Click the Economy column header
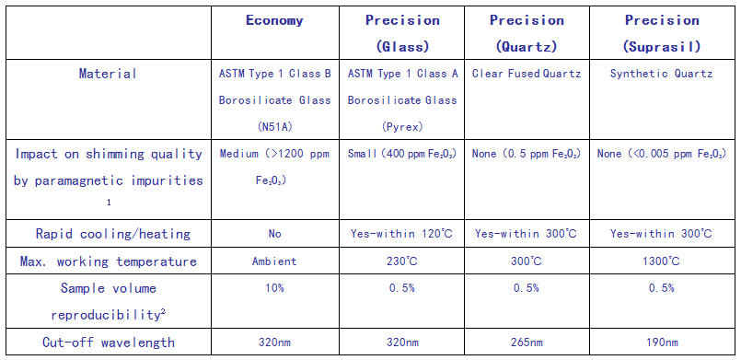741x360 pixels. pyautogui.click(x=274, y=20)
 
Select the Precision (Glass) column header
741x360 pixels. pyautogui.click(x=402, y=33)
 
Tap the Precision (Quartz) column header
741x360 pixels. pyautogui.click(x=527, y=33)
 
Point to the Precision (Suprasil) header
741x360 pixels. pyautogui.click(x=662, y=33)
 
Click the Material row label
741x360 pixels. pyautogui.click(x=109, y=74)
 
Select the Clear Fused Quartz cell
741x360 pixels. pyautogui.click(x=527, y=74)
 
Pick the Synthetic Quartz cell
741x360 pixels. pyautogui.click(x=662, y=74)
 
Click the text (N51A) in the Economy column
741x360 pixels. pyautogui.click(x=274, y=127)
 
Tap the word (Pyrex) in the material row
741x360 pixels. pyautogui.click(x=402, y=127)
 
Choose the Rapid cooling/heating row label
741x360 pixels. pyautogui.click(x=113, y=234)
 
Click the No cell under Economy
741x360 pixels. pyautogui.click(x=274, y=234)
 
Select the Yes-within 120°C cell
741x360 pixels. pyautogui.click(x=402, y=233)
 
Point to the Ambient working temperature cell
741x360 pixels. pyautogui.click(x=274, y=261)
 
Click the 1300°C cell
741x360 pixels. pyautogui.click(x=662, y=261)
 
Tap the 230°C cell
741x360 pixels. pyautogui.click(x=402, y=261)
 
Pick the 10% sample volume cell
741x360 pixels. pyautogui.click(x=274, y=288)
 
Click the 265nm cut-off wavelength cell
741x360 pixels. pyautogui.click(x=527, y=343)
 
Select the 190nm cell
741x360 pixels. pyautogui.click(x=662, y=343)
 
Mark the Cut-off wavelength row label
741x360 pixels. pyautogui.click(x=109, y=343)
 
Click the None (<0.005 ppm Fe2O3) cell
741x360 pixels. pyautogui.click(x=662, y=154)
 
